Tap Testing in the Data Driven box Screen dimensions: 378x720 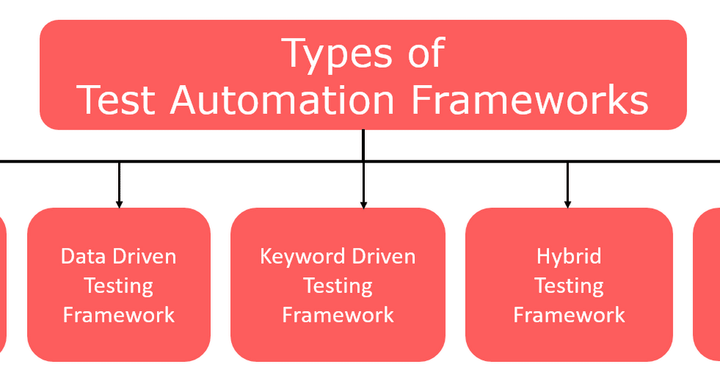tap(119, 286)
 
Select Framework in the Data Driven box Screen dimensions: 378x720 tap(119, 314)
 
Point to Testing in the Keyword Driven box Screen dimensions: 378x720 tap(338, 286)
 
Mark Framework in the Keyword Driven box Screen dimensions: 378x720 tap(338, 314)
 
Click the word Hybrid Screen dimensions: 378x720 tap(569, 257)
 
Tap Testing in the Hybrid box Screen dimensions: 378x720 tap(569, 286)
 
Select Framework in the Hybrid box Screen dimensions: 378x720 tap(569, 314)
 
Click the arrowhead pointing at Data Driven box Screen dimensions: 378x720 tap(119, 203)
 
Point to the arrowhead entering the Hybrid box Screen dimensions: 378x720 tap(568, 203)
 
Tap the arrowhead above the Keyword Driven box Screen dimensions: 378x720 tap(363, 203)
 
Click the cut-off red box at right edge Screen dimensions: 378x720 tap(708, 285)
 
